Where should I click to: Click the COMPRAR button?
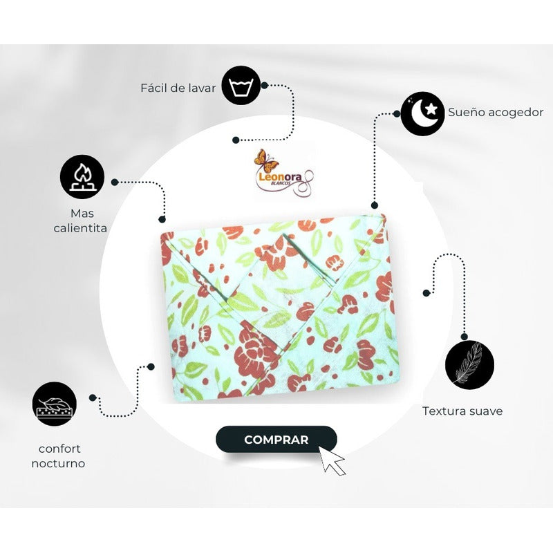click(276, 440)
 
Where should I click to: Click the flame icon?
click(82, 177)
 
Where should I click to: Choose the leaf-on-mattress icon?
click(55, 404)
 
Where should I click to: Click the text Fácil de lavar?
click(178, 88)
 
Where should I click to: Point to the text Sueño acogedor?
click(496, 112)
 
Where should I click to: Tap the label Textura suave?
click(462, 411)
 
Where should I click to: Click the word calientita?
click(80, 228)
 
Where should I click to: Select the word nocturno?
click(58, 463)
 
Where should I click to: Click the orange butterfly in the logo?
click(265, 161)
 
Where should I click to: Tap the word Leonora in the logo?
click(281, 177)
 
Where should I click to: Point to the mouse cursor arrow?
click(332, 460)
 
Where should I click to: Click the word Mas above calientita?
click(82, 214)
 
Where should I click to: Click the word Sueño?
click(465, 112)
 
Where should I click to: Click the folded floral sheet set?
click(279, 308)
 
